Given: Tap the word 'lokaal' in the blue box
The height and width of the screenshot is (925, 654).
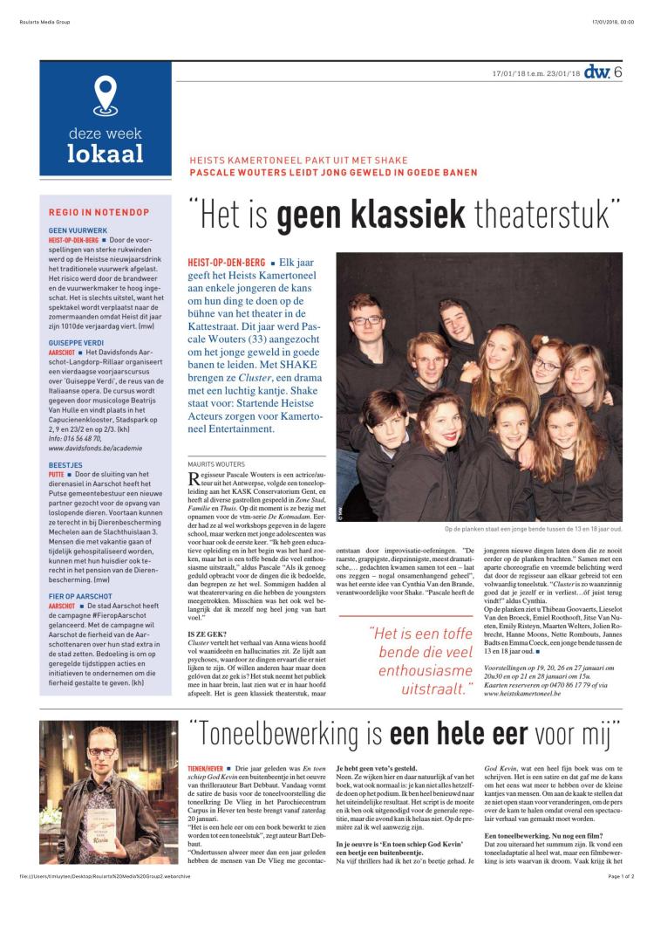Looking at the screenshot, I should click(x=105, y=154).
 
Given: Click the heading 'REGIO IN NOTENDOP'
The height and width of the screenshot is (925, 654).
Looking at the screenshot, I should click(x=99, y=212).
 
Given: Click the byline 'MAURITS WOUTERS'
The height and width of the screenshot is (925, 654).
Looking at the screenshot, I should click(x=217, y=464).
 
